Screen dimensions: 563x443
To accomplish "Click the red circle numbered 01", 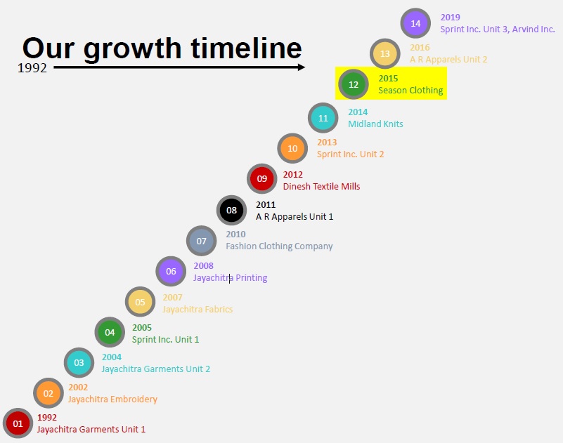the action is pos(18,423).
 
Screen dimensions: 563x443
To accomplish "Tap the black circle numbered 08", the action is pos(231,210).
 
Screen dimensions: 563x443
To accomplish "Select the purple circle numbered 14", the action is pos(415,23).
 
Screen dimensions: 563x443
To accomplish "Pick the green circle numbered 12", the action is pos(354,84).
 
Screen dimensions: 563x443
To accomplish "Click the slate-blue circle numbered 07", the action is pos(202,241).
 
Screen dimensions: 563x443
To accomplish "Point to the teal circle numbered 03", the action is pos(79,363).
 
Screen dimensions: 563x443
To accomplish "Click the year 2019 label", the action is pos(451,18).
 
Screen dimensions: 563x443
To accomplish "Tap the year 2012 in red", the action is pos(292,175).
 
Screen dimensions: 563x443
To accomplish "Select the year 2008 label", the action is pos(204,266).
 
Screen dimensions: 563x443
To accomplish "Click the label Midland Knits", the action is pos(375,124).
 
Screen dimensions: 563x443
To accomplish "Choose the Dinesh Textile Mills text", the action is pos(321,187).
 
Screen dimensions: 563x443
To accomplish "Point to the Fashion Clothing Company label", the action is pos(279,246).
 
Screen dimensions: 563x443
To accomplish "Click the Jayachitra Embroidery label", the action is pos(112,399).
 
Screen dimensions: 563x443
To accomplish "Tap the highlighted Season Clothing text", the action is pos(410,91).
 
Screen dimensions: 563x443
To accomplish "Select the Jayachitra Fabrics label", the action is pos(198,309).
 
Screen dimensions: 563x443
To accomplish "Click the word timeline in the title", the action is pos(246,48).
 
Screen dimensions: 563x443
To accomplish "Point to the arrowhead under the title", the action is pos(302,67).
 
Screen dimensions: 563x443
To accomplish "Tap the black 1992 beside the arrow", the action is pos(32,68).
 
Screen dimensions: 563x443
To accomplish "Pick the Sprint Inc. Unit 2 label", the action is pos(351,154).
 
